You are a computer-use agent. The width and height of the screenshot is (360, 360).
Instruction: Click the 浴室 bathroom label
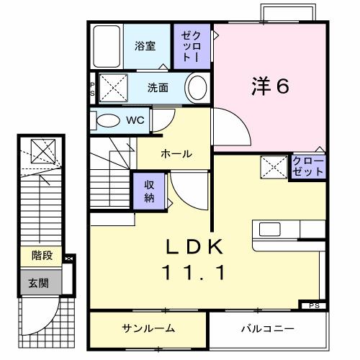pos(145,46)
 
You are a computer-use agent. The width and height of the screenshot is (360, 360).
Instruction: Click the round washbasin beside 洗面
pos(196,88)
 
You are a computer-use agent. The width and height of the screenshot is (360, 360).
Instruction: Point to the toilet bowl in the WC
pos(108,120)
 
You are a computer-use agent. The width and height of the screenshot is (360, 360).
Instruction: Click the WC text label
pos(135,120)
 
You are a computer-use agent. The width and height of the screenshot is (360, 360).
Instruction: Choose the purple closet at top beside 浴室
pos(192,45)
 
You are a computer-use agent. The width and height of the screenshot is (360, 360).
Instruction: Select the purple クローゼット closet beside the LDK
pos(308,166)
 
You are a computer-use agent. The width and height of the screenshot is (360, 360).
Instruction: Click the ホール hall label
pos(175,153)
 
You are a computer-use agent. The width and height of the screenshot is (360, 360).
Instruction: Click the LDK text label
pos(197,247)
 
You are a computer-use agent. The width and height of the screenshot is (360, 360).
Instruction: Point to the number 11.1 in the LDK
pos(197,273)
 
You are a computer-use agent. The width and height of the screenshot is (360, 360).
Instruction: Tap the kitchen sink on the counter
pos(271,229)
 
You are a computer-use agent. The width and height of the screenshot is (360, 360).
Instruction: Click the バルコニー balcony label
pos(267,329)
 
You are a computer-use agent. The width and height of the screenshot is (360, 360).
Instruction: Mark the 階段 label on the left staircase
pos(41,255)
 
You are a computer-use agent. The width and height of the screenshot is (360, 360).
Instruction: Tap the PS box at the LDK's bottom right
pos(312,305)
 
